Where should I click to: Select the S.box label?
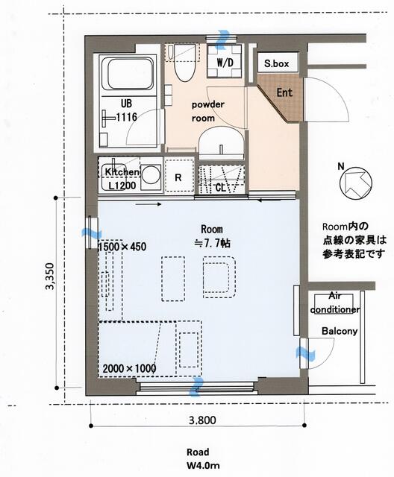(x=276, y=64)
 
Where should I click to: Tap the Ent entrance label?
(x=284, y=93)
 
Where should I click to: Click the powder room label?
(x=207, y=110)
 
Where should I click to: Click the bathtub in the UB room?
(x=127, y=75)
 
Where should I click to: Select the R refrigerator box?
(x=178, y=177)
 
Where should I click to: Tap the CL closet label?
(x=221, y=188)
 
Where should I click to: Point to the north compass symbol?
(x=354, y=183)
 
